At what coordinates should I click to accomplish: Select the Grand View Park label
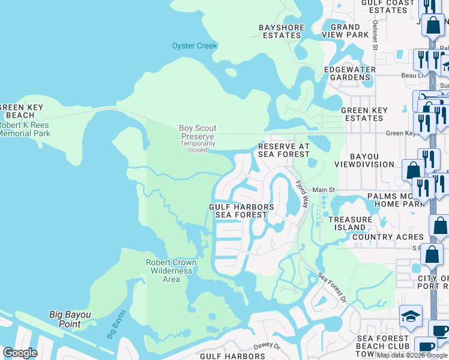click(345, 31)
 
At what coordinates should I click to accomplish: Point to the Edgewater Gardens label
click(350, 73)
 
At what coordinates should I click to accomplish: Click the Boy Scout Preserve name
click(197, 132)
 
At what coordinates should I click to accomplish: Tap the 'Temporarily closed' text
click(197, 147)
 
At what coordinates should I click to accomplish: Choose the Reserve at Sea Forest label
click(283, 151)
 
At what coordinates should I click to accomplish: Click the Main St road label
click(324, 190)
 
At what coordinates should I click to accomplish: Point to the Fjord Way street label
click(301, 196)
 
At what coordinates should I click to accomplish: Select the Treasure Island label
click(351, 224)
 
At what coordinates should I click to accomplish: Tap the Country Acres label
click(388, 237)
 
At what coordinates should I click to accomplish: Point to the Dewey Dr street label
click(268, 346)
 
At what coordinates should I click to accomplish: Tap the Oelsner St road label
click(375, 36)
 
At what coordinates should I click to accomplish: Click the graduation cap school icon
click(411, 317)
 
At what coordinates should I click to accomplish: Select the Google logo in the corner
click(20, 352)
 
